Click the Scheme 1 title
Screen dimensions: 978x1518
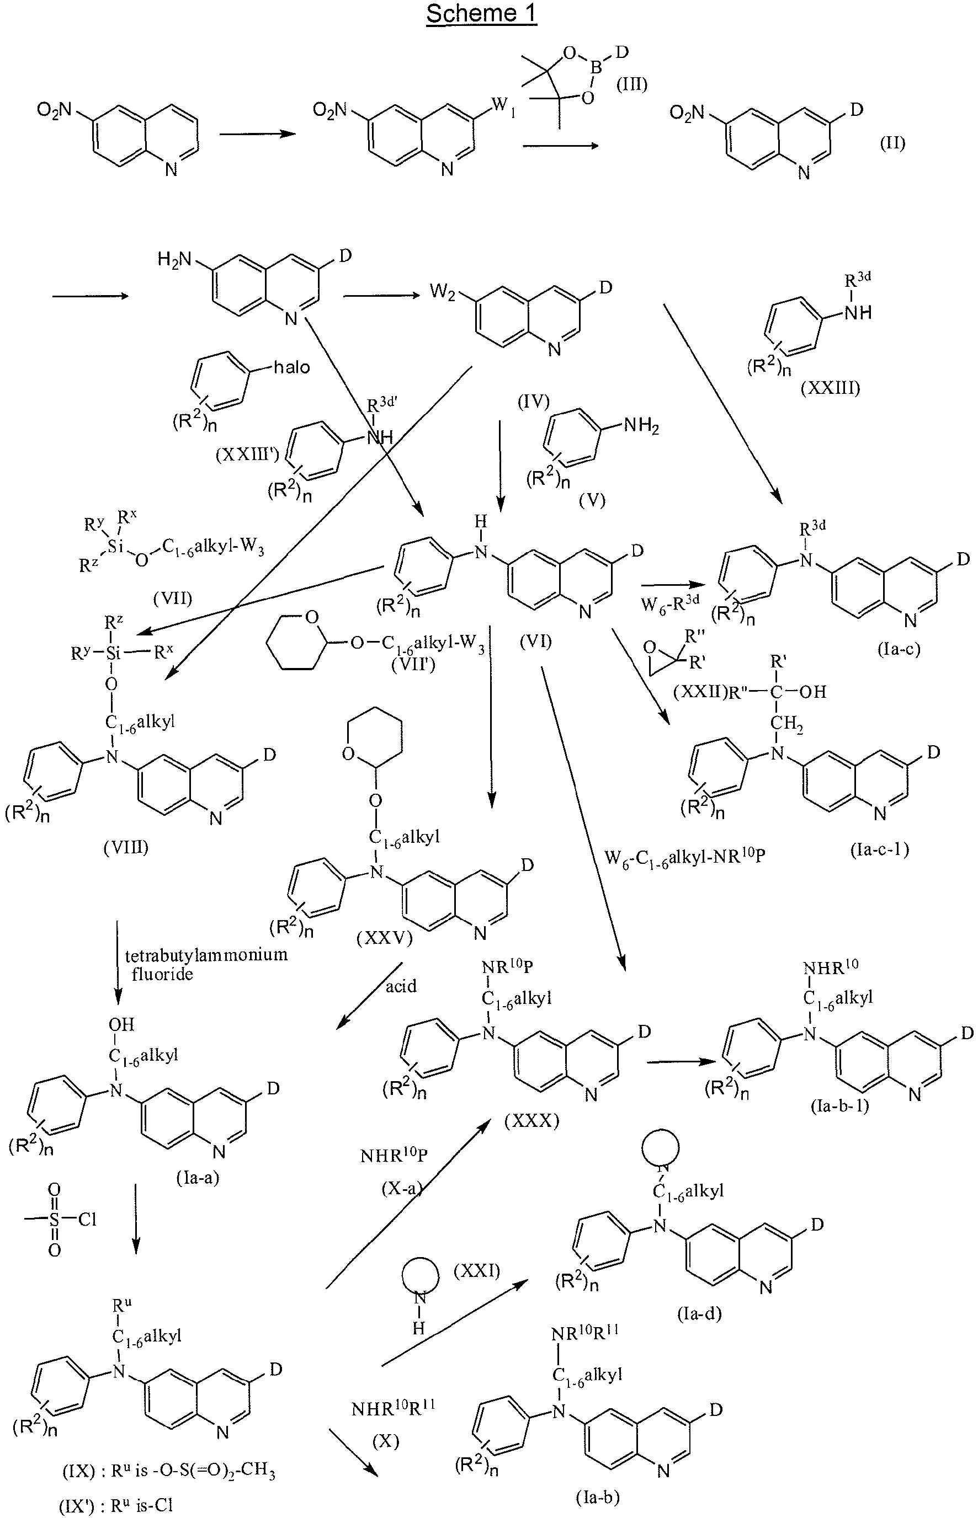481,14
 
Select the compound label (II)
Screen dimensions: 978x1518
892,143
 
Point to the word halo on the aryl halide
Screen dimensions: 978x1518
291,367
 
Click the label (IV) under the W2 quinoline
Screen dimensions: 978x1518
534,401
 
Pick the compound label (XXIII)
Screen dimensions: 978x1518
830,388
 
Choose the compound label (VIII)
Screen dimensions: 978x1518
126,847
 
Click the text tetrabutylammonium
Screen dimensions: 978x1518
206,954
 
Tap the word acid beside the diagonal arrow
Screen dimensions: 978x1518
401,986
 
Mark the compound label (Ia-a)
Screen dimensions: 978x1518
198,1178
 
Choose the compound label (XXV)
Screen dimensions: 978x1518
385,937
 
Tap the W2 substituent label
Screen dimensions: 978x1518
443,292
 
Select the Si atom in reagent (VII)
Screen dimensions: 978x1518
115,547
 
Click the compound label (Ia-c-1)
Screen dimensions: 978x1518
880,849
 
